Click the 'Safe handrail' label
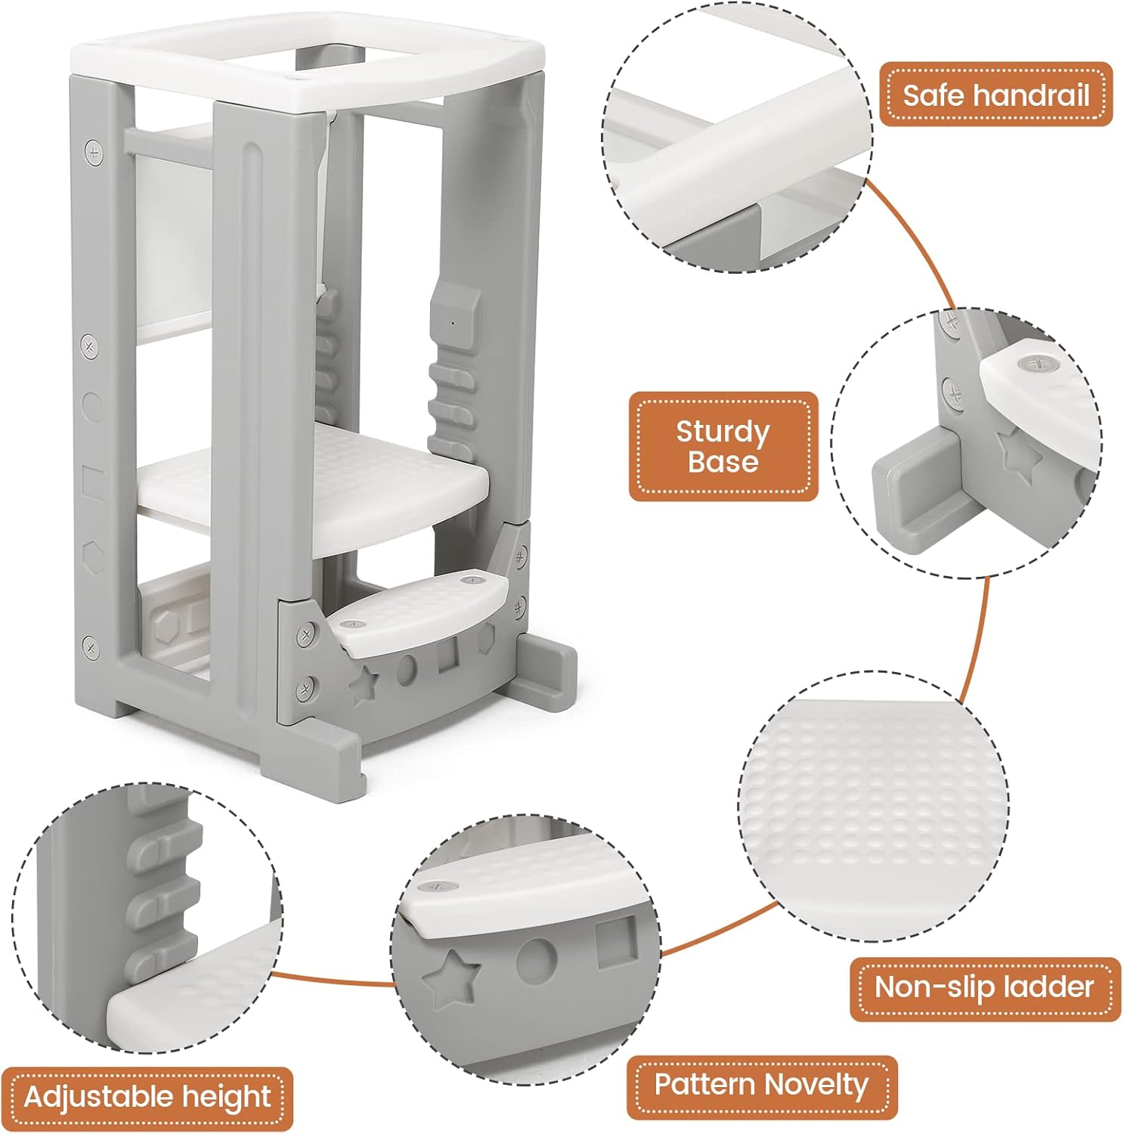pyautogui.click(x=995, y=94)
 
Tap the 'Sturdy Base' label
pyautogui.click(x=723, y=446)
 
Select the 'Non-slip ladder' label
pyautogui.click(x=984, y=987)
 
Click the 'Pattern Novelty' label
pyautogui.click(x=761, y=1086)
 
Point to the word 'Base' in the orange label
pyautogui.click(x=723, y=462)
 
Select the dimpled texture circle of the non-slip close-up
pyautogui.click(x=873, y=806)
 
